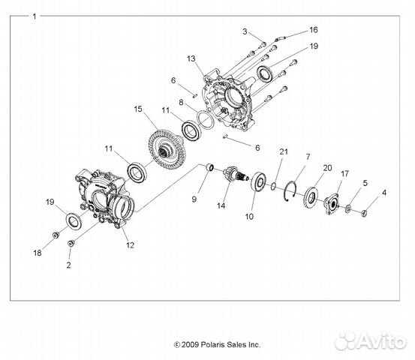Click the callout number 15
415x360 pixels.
(138, 109)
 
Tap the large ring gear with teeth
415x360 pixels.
(167, 149)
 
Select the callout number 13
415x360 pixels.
(191, 58)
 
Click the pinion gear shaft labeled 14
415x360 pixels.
(234, 175)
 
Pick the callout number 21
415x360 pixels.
(284, 151)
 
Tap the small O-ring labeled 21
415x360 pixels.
(273, 186)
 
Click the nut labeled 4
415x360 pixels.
(364, 213)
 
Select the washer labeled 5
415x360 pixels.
(348, 209)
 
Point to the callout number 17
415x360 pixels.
(345, 174)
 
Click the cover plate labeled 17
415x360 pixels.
(332, 203)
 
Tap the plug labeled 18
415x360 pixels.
(56, 235)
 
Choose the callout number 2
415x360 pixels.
(68, 265)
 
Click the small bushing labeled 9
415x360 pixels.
(210, 167)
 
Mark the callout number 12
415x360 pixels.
(130, 245)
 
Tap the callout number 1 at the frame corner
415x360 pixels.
(35, 16)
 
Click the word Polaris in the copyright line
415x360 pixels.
(212, 345)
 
